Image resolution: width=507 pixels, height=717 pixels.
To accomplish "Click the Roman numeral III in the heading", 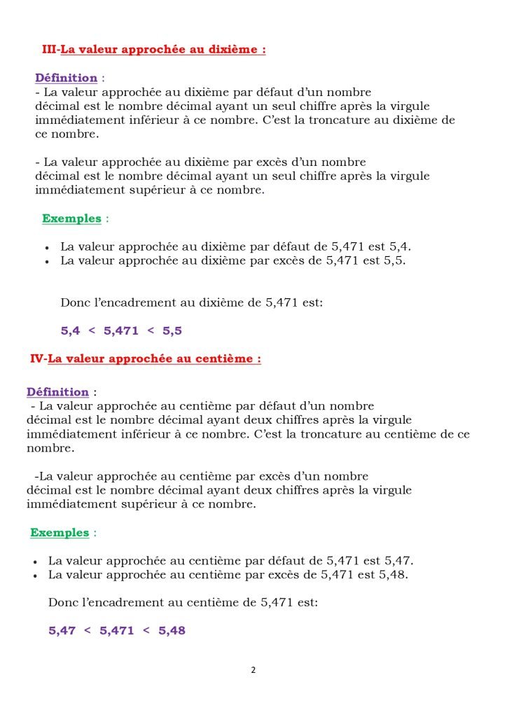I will [x=50, y=50].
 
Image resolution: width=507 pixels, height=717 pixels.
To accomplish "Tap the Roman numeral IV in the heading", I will [x=37, y=358].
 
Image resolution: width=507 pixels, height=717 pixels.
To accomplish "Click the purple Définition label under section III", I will [x=67, y=78].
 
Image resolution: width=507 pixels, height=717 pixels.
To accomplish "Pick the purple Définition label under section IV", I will [x=58, y=391].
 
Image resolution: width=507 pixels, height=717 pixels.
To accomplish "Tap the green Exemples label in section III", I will [x=71, y=218].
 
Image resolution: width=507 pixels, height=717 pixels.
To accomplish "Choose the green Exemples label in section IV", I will [x=60, y=532].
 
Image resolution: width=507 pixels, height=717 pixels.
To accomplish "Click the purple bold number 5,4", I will [x=71, y=330].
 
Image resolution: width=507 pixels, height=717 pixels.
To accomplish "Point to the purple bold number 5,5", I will [x=172, y=330].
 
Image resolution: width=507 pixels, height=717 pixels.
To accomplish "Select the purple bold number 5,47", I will [x=62, y=630].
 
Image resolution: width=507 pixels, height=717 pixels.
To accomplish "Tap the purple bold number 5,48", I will [x=172, y=630].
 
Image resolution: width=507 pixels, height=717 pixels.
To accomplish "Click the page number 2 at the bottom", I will [x=253, y=670].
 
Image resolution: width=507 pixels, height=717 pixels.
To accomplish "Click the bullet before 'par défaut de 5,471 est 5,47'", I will [x=36, y=562].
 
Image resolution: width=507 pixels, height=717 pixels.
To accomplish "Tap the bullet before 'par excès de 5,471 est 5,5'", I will [x=47, y=262].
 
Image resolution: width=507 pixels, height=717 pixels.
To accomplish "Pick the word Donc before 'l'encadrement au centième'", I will [x=61, y=601].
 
